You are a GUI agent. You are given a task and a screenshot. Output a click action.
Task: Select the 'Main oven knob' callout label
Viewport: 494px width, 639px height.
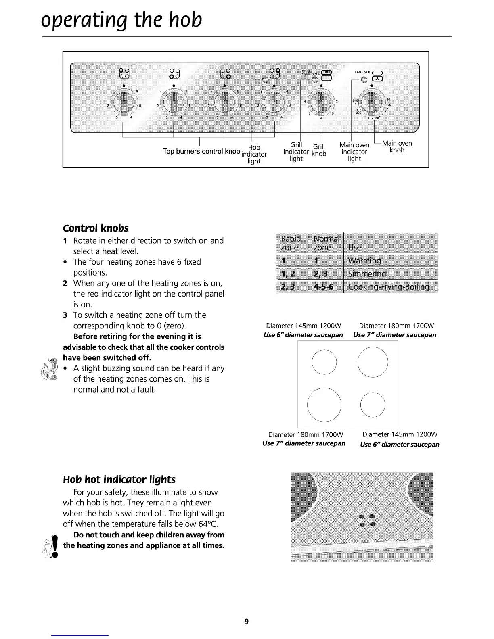[x=397, y=147]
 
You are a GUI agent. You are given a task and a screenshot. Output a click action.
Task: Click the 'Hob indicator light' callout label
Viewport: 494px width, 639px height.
[x=254, y=154]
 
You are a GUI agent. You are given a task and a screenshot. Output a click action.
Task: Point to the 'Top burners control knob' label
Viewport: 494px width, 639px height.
[x=201, y=151]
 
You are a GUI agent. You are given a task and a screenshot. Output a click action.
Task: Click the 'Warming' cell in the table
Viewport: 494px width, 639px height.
[x=364, y=261]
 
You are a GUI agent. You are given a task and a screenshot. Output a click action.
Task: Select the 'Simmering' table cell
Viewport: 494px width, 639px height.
[x=367, y=274]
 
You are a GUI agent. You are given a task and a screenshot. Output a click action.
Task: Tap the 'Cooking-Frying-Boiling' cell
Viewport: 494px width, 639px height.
[x=388, y=287]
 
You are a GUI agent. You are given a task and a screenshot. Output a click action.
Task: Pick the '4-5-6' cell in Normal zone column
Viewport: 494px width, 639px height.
[x=324, y=287]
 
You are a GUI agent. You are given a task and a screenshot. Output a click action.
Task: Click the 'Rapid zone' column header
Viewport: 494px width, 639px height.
[x=291, y=243]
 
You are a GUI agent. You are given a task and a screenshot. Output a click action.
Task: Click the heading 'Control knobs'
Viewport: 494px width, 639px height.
[x=96, y=228]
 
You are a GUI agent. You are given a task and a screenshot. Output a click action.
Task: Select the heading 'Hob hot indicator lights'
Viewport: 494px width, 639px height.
[x=119, y=480]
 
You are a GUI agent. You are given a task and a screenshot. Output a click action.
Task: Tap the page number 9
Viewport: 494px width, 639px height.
[x=247, y=622]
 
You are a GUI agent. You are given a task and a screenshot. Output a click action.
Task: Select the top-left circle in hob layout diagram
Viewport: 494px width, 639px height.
[x=324, y=361]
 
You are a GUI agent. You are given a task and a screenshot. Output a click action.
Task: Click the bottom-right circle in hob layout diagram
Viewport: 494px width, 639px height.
[x=373, y=405]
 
